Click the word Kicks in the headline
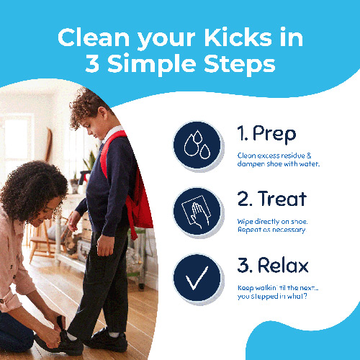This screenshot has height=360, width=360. (x=238, y=37)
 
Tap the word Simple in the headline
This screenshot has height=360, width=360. (x=152, y=65)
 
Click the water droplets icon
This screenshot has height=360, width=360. (x=197, y=145)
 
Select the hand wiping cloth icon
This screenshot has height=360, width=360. (x=197, y=212)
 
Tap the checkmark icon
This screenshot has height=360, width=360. (x=197, y=278)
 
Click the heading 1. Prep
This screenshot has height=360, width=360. (x=266, y=135)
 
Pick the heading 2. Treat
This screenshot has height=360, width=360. (x=272, y=199)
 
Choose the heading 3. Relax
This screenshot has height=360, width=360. (x=273, y=265)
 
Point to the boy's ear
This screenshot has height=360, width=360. (x=102, y=113)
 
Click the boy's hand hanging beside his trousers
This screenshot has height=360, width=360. (x=105, y=246)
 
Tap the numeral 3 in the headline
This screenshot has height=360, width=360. (x=92, y=63)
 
